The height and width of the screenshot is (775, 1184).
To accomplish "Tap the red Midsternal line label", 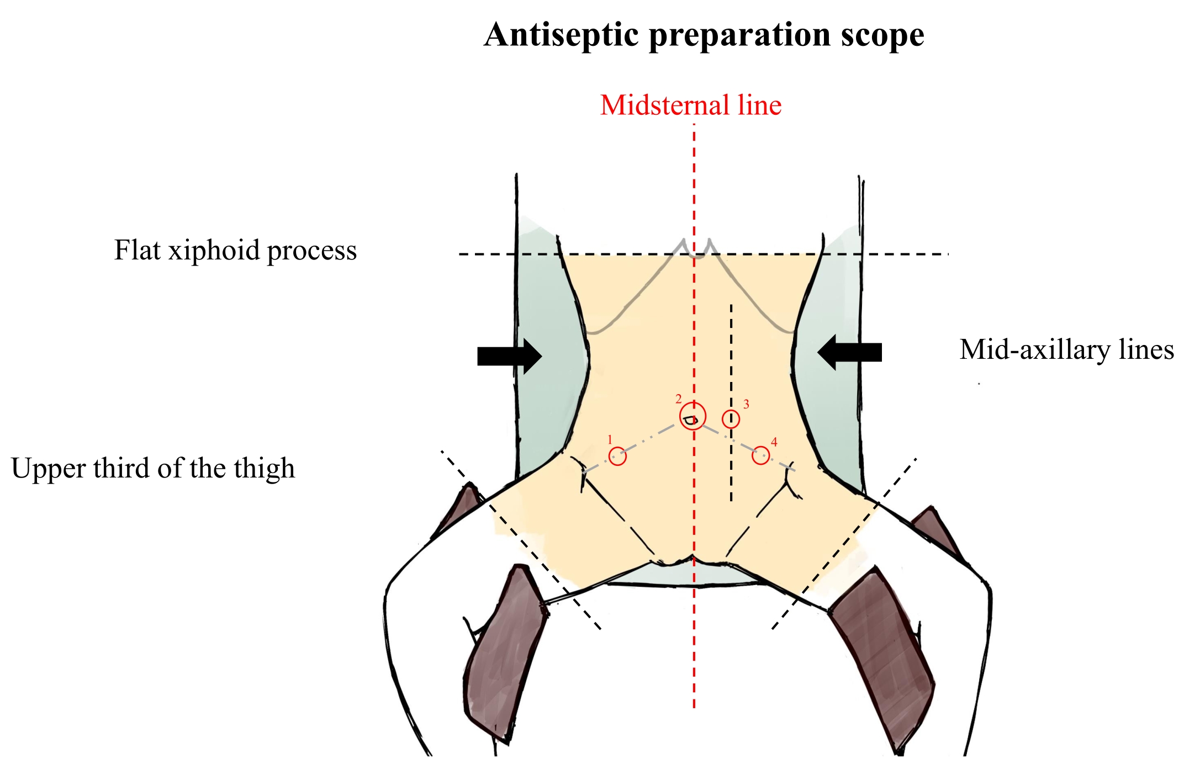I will tap(691, 105).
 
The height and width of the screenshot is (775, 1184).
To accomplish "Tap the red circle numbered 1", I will tap(617, 456).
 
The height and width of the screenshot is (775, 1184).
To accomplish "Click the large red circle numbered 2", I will tap(693, 416).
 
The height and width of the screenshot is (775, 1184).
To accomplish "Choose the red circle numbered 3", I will tap(731, 419).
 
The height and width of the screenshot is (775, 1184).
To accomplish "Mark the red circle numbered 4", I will tap(761, 455).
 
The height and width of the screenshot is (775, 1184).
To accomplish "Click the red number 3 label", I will tap(746, 405).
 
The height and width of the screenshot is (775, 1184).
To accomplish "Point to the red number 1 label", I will tap(610, 440).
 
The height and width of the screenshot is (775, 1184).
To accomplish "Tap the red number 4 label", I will tap(774, 442).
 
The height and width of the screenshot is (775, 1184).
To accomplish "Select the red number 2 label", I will tap(679, 399).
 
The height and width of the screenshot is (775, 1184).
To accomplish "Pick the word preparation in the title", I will tap(740, 36).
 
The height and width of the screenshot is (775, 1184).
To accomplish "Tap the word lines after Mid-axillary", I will tap(1146, 350).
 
